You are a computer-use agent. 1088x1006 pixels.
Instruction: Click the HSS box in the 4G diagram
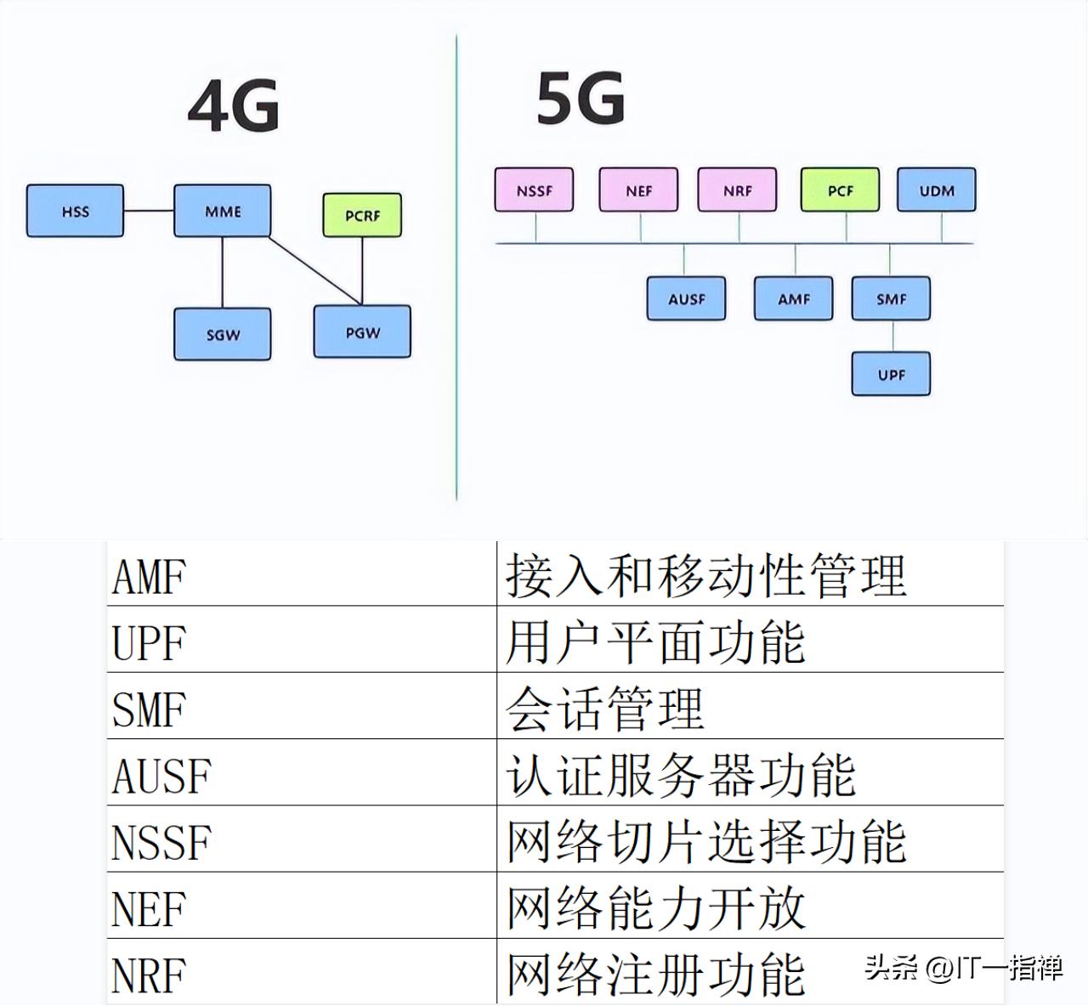[75, 211]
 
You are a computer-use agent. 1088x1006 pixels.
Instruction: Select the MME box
[223, 211]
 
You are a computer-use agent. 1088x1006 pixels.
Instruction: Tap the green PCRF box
[362, 215]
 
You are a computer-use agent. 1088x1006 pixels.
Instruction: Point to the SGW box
[223, 335]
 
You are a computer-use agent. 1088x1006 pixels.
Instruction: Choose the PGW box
[362, 332]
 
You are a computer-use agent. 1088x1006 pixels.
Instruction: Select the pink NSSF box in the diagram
[534, 190]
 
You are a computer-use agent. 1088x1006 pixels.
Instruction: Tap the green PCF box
[840, 190]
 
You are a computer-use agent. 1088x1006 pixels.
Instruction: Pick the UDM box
[936, 190]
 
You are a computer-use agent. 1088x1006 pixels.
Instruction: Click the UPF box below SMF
[891, 374]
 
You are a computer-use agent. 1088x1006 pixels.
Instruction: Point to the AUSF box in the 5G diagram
[686, 299]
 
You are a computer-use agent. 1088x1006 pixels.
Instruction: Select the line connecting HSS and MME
[149, 211]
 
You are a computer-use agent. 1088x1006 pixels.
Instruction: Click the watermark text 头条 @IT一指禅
[963, 967]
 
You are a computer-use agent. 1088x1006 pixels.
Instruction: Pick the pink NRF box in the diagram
[737, 190]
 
